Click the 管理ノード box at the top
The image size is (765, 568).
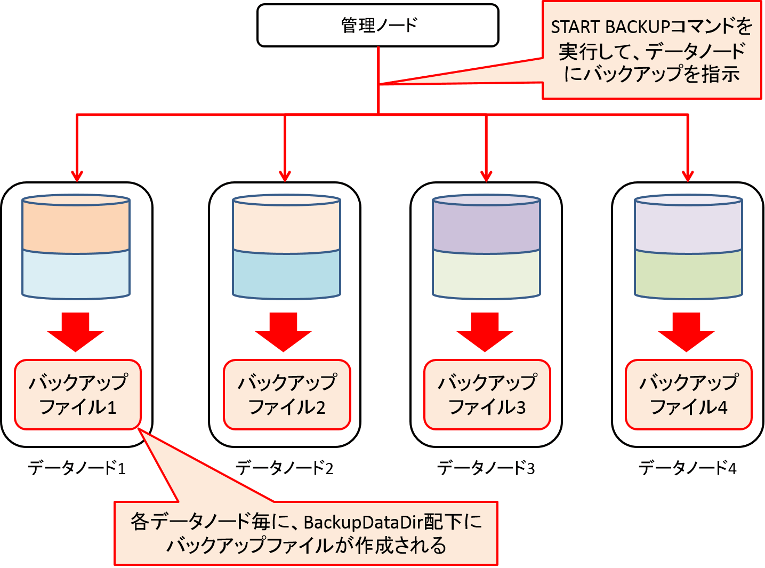point(377,25)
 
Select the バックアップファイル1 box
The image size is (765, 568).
point(78,395)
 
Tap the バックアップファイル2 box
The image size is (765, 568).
point(287,395)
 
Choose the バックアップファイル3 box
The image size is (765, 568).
point(487,395)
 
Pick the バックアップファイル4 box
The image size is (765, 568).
point(688,395)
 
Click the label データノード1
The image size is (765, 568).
point(77,468)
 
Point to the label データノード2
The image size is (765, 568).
point(285,468)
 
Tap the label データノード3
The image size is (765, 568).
point(486,468)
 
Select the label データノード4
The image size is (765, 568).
point(687,468)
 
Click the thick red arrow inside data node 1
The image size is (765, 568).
point(75,332)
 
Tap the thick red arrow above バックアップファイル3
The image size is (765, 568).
point(485,332)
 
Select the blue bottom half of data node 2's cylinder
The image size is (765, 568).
point(287,274)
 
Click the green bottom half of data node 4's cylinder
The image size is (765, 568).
point(688,274)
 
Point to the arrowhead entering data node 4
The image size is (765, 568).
point(688,176)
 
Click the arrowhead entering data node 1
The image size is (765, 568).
point(77,176)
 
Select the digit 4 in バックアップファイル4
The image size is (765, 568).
point(722,407)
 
